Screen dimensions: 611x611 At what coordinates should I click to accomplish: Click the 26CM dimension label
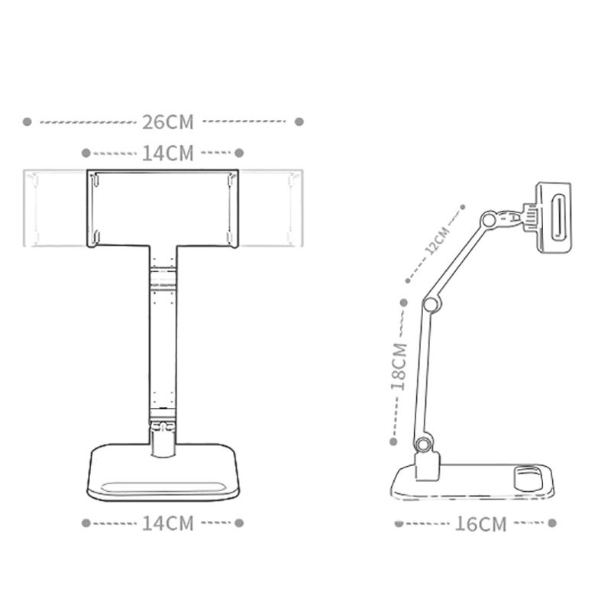coord(168,121)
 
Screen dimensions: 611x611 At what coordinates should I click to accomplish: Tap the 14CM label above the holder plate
coord(168,153)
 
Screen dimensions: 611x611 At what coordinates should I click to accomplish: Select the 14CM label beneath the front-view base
coord(168,523)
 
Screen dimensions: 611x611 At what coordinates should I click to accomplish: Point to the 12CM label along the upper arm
coord(438,241)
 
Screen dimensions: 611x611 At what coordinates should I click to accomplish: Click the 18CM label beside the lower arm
coord(399,367)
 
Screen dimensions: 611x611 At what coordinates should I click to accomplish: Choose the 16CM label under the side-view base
coord(481,524)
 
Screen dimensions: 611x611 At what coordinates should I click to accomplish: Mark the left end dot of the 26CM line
coord(27,121)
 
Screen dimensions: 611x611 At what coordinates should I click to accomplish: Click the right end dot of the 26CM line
coord(299,121)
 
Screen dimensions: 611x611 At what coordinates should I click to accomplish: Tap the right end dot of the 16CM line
coord(551,523)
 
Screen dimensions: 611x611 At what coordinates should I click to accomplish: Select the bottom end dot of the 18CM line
coord(393,441)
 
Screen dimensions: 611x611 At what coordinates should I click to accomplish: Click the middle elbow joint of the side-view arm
coord(430,305)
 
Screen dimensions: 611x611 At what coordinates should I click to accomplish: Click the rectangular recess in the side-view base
coord(529,477)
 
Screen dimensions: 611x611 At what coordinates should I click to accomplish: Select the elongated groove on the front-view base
coord(164,487)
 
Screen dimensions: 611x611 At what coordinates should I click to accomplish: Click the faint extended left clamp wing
coord(56,209)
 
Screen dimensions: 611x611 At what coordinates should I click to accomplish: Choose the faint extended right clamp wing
coord(269,209)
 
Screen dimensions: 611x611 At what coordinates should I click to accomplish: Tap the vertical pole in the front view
coord(163,344)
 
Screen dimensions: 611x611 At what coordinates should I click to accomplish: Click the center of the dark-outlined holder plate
coord(163,209)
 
